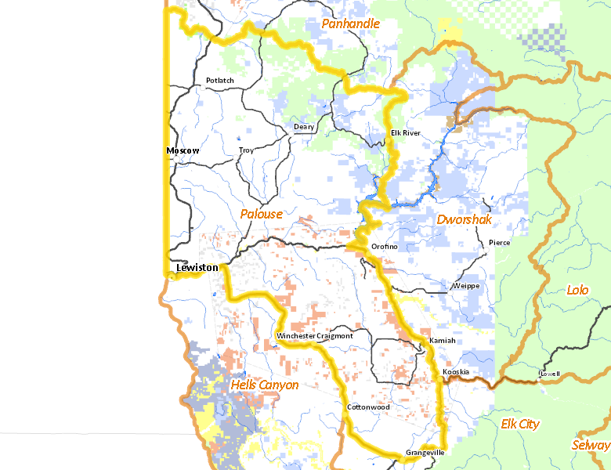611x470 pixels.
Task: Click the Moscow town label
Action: (x=183, y=150)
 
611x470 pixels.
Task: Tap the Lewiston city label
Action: (x=197, y=268)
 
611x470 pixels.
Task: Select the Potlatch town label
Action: (x=219, y=81)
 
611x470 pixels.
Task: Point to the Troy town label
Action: (x=246, y=150)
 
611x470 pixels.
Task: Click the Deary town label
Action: (x=303, y=127)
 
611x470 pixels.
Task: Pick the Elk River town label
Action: (x=405, y=133)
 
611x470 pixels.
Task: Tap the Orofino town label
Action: (x=384, y=247)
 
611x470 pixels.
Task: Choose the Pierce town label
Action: (x=499, y=243)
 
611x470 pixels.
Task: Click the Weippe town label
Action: (x=465, y=286)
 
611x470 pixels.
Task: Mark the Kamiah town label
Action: (x=442, y=341)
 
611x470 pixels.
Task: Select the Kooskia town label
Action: (x=455, y=371)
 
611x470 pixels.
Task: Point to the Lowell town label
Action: (x=549, y=374)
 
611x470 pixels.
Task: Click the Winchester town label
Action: (x=296, y=336)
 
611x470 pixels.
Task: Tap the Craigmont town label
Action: (x=335, y=336)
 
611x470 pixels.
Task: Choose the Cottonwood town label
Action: (x=368, y=407)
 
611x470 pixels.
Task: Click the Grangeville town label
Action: (x=425, y=454)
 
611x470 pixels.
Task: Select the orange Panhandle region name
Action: (x=350, y=24)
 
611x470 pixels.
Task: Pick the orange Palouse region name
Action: (x=261, y=214)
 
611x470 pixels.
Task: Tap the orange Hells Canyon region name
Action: (x=265, y=385)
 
